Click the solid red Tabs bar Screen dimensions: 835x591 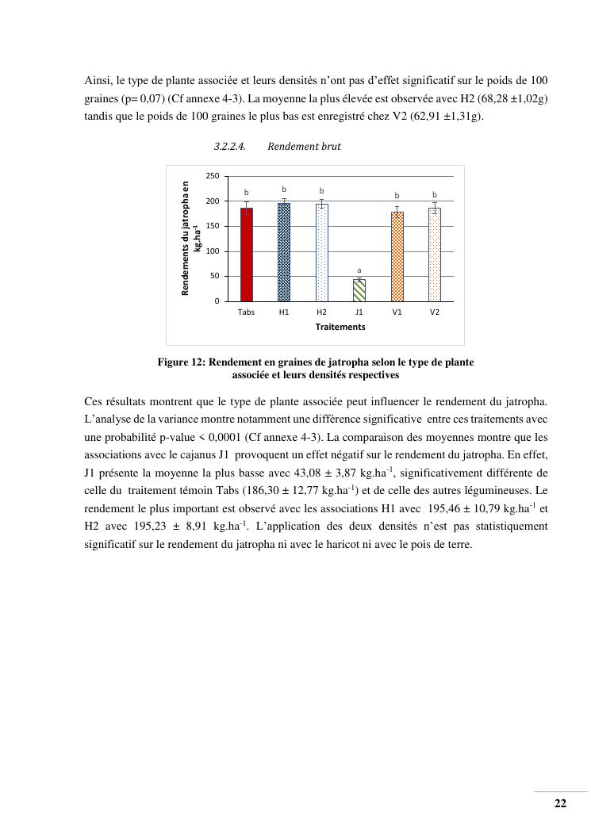point(246,255)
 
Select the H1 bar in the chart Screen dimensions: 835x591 point(284,252)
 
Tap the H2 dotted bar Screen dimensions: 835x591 point(321,252)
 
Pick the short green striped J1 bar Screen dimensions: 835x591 point(359,290)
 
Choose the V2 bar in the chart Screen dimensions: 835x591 point(435,255)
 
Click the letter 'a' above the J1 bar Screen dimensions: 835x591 point(359,270)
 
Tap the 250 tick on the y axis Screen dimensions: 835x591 point(212,176)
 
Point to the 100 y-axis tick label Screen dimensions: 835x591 point(212,251)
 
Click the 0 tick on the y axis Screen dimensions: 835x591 point(217,301)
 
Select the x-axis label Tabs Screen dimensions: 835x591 point(246,312)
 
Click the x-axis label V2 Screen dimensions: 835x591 point(435,312)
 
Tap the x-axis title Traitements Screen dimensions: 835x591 point(340,327)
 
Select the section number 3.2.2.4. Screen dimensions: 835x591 point(230,147)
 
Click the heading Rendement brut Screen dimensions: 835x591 point(304,147)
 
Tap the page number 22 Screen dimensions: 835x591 point(560,803)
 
